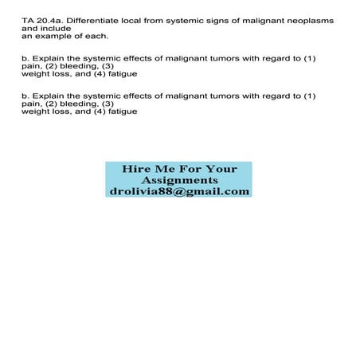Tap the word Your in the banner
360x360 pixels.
coord(221,169)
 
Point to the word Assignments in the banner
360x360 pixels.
coord(178,180)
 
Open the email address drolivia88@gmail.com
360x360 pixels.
coord(178,192)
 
